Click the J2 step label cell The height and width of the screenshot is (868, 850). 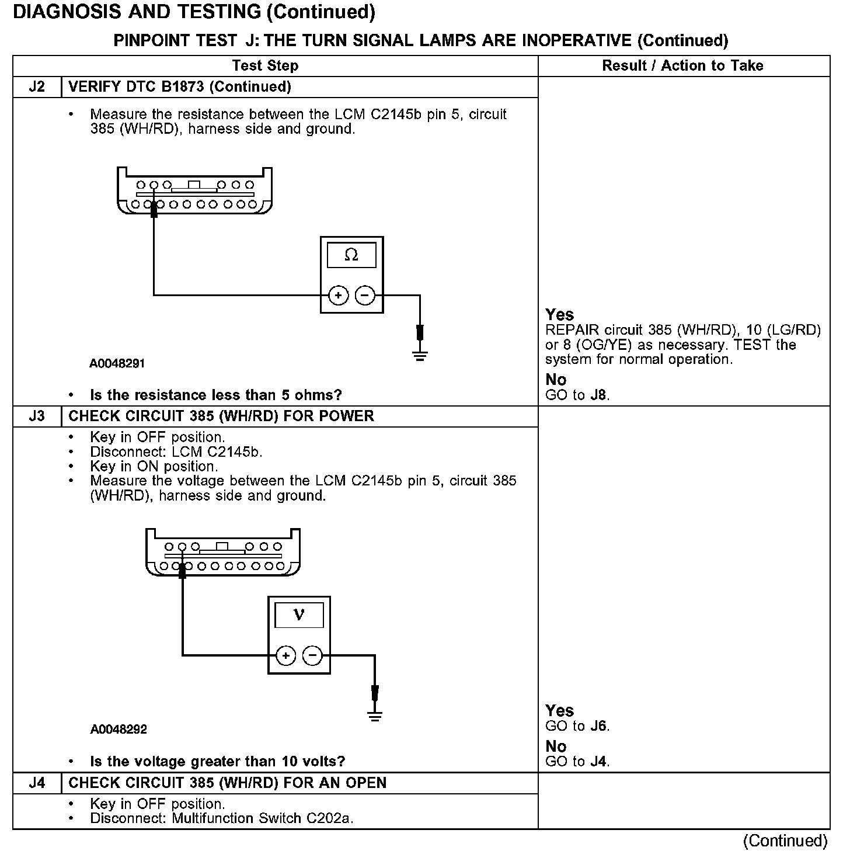(x=37, y=87)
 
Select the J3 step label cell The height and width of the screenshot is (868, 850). (x=37, y=416)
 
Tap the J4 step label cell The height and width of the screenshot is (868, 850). (x=37, y=783)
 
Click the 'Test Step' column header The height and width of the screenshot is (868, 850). (x=265, y=65)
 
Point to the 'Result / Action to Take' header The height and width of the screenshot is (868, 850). (x=682, y=65)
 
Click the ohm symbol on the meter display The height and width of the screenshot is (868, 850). (x=351, y=255)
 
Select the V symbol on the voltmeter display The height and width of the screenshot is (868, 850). (x=299, y=614)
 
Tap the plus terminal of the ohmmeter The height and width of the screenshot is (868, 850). (x=338, y=296)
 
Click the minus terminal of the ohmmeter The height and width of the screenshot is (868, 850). (x=365, y=296)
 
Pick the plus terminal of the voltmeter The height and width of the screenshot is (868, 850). (x=285, y=656)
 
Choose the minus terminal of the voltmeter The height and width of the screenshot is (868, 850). (x=313, y=656)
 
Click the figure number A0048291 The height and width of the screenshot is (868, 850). (x=117, y=363)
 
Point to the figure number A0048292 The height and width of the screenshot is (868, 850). (x=119, y=730)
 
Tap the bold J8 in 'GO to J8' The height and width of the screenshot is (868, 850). (x=599, y=395)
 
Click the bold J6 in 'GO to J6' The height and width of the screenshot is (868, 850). (x=599, y=727)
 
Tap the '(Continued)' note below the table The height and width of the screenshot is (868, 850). (x=785, y=841)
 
